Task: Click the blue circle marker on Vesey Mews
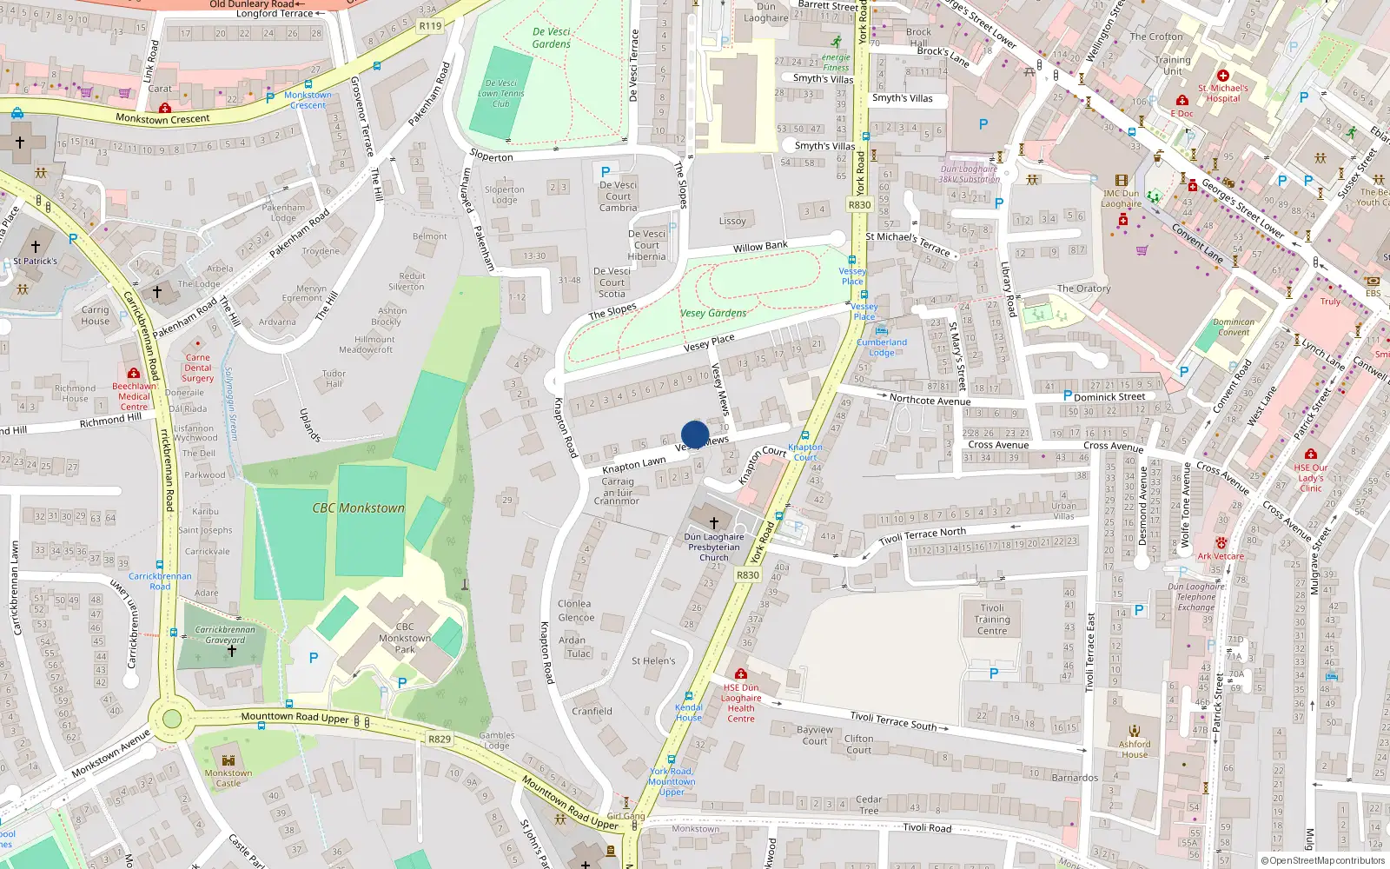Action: [695, 434]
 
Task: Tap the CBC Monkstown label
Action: [359, 507]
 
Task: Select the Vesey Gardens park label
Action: [713, 313]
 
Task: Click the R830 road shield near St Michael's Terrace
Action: [859, 205]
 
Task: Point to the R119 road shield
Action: [430, 26]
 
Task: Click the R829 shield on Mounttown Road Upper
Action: [440, 740]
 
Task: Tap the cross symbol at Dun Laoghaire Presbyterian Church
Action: [714, 523]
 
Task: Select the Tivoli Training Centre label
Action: [992, 620]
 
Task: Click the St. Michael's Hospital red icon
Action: [1223, 76]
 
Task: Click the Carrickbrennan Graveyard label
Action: [225, 634]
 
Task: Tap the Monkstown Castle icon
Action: [228, 760]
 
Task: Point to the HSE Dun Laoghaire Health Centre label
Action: [741, 702]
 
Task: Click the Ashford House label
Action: [1135, 748]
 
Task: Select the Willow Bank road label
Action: [760, 247]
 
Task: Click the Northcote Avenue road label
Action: [930, 400]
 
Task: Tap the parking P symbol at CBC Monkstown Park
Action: [314, 658]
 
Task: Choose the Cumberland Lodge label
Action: [882, 347]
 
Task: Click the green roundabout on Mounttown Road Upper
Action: [172, 719]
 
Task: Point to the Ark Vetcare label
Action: [1221, 556]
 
